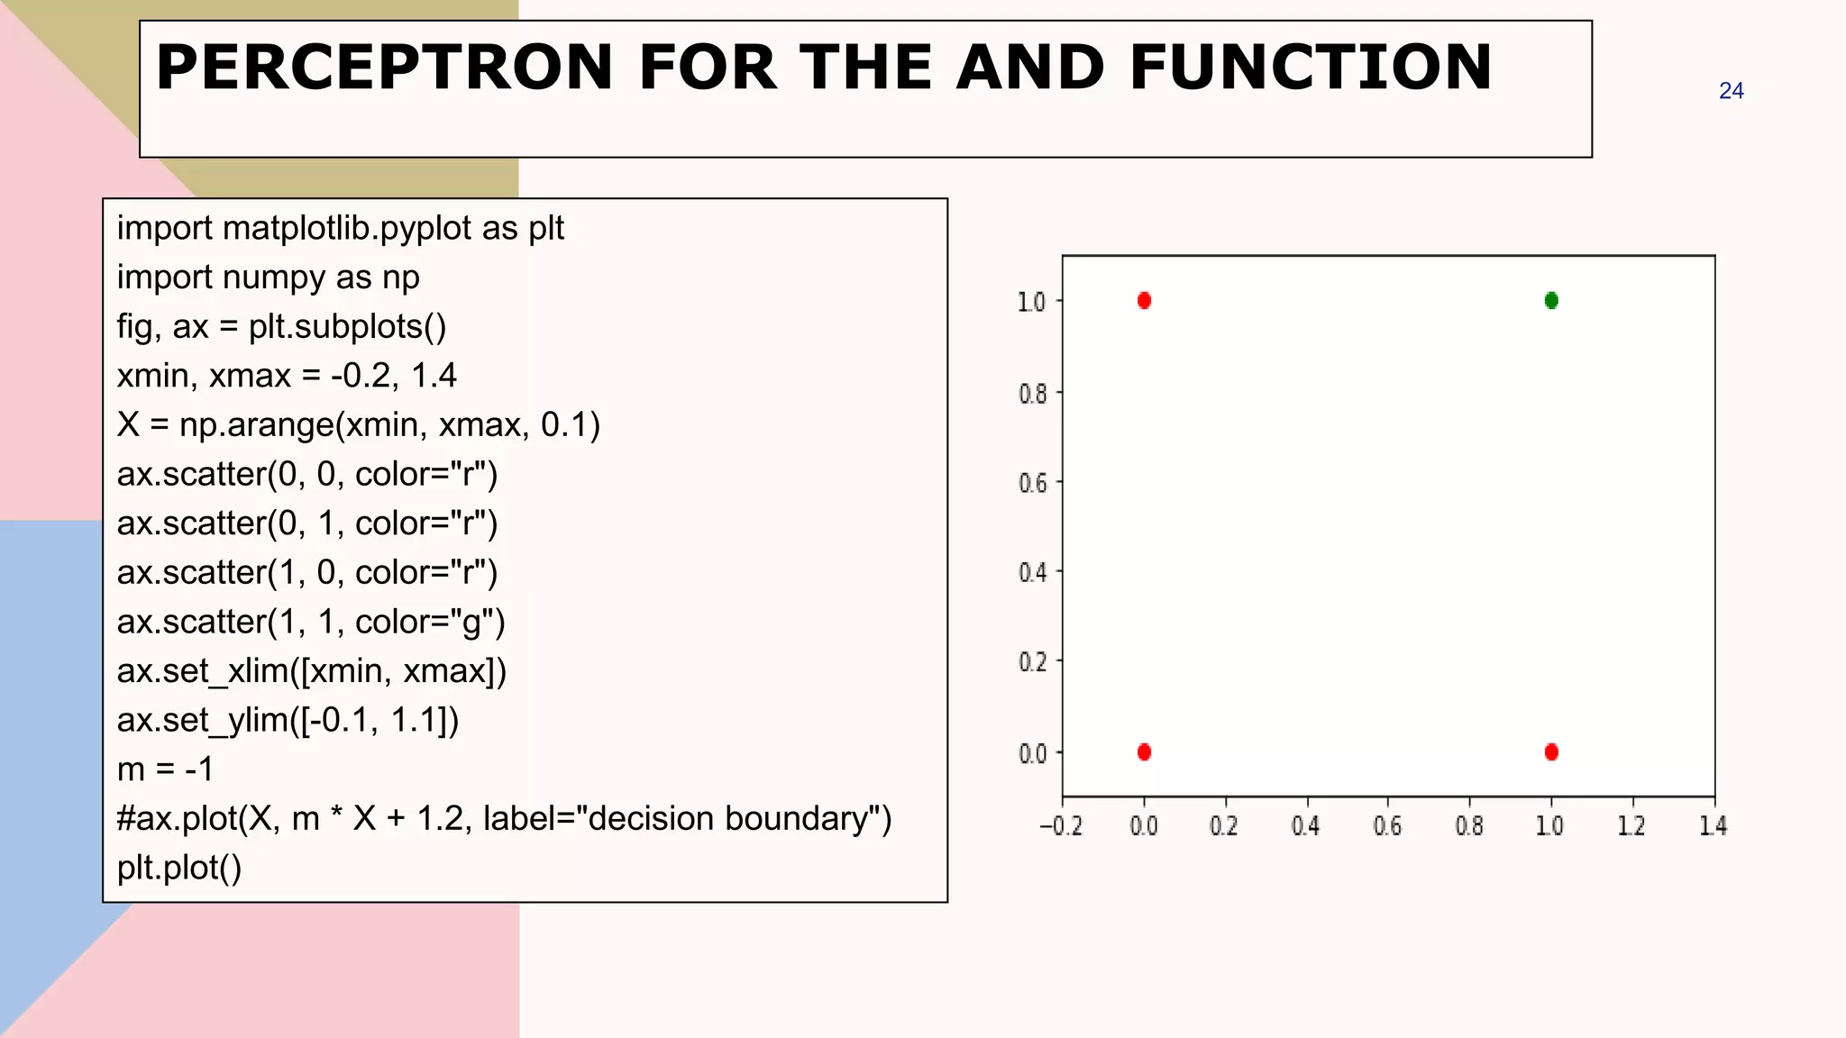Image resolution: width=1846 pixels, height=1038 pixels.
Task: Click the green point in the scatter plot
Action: point(1551,300)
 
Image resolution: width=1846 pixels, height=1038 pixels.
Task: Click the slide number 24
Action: point(1731,91)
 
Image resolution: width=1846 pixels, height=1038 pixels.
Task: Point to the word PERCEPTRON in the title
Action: point(385,68)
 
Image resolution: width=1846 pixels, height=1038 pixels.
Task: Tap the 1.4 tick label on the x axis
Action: point(1713,825)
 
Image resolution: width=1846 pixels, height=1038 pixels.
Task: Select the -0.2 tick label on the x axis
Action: point(1061,825)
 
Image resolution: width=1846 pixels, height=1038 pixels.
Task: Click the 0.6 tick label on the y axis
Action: point(1033,483)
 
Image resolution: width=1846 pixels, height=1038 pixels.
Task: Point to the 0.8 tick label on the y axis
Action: point(1033,394)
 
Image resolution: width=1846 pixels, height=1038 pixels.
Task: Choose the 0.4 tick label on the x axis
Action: point(1305,825)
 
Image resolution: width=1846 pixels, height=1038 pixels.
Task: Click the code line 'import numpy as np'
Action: point(268,278)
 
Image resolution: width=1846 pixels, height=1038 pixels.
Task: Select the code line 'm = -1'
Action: point(165,769)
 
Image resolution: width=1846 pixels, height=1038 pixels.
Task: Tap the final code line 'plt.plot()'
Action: point(179,868)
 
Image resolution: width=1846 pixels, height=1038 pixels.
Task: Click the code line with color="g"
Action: point(311,622)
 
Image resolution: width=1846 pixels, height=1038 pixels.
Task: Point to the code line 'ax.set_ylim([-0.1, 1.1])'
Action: point(288,720)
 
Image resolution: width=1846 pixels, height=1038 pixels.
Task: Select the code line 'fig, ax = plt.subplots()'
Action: point(281,326)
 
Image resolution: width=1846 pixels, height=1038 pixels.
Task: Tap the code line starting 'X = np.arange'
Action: point(358,424)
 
